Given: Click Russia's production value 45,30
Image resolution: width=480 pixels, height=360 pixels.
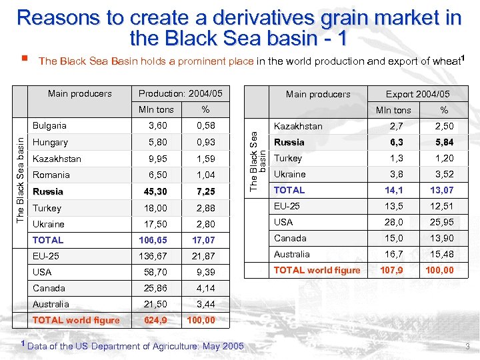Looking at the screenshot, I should coord(156,192).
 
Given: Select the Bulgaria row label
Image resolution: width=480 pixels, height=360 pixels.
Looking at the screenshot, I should coord(49,125).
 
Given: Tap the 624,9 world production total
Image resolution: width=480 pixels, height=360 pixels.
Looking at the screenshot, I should coord(156,320).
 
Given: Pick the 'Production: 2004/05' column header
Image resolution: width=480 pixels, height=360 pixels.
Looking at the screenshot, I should coord(180,93).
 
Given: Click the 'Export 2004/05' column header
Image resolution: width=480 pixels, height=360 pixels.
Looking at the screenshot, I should coord(418,94).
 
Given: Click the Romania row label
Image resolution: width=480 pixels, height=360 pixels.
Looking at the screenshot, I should coord(51,175).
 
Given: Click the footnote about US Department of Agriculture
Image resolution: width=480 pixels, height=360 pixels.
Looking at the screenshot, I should coord(133,346).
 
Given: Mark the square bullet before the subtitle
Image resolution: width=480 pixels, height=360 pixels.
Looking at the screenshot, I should coord(23,59).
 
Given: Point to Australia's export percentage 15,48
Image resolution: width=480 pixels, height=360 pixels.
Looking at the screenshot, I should coord(441,254).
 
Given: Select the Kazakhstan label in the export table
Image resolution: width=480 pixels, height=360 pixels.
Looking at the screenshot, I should coord(298,126).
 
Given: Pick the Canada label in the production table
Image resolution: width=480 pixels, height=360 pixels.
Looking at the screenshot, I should coord(49,288).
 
